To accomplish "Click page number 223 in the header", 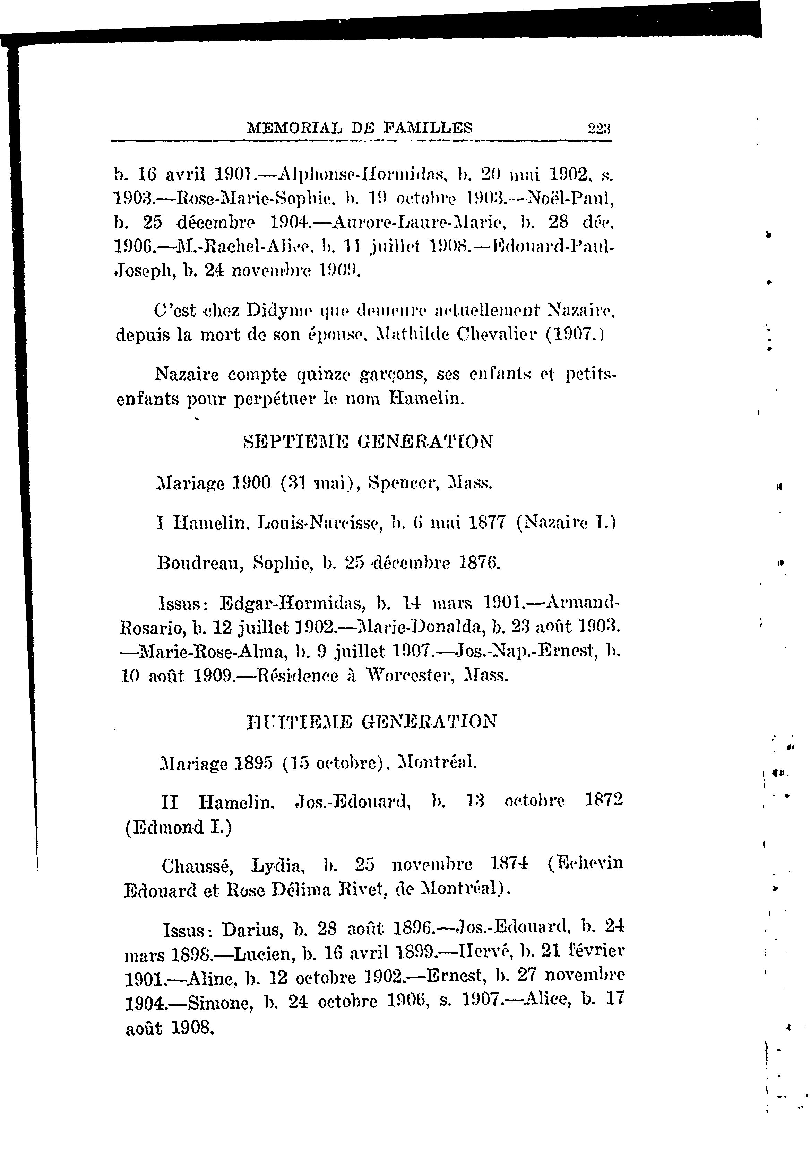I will (x=599, y=129).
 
